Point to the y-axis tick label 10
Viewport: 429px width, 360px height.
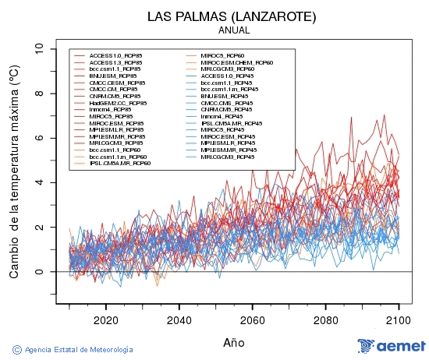tap(38, 48)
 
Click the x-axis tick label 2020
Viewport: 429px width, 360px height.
tap(105, 319)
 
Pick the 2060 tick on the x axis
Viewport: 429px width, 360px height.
tap(252, 319)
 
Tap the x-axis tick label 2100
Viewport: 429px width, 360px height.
tap(399, 319)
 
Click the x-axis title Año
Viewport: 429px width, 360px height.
tap(233, 342)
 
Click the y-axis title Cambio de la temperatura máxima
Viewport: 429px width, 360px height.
tap(14, 172)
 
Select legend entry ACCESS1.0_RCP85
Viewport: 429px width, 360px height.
tap(115, 56)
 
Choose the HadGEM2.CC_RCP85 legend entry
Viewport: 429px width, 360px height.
tap(118, 103)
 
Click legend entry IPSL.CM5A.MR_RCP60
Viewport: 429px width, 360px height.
tap(120, 164)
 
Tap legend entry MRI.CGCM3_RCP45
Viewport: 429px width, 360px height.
tap(227, 157)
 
